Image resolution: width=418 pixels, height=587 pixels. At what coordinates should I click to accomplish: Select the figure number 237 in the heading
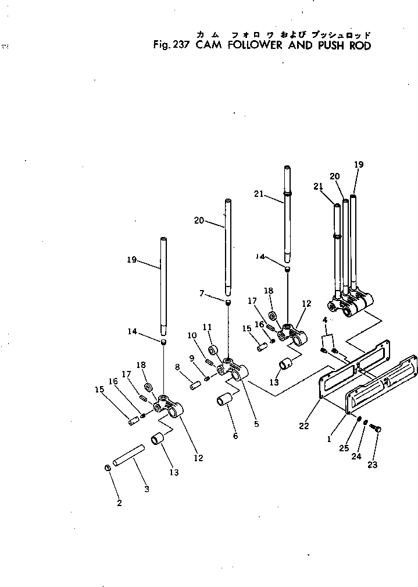tap(176, 45)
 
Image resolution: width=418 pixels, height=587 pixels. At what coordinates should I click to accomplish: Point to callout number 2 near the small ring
tap(119, 503)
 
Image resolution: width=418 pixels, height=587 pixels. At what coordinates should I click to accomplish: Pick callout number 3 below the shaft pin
tap(147, 489)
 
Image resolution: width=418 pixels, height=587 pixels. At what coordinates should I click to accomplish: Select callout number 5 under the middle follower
tap(256, 424)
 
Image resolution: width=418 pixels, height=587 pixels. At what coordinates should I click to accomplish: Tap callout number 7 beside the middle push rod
tap(202, 293)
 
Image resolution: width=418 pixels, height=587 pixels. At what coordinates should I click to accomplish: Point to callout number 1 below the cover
tap(328, 440)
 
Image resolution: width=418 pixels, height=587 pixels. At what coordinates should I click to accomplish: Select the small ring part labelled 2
tap(108, 468)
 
